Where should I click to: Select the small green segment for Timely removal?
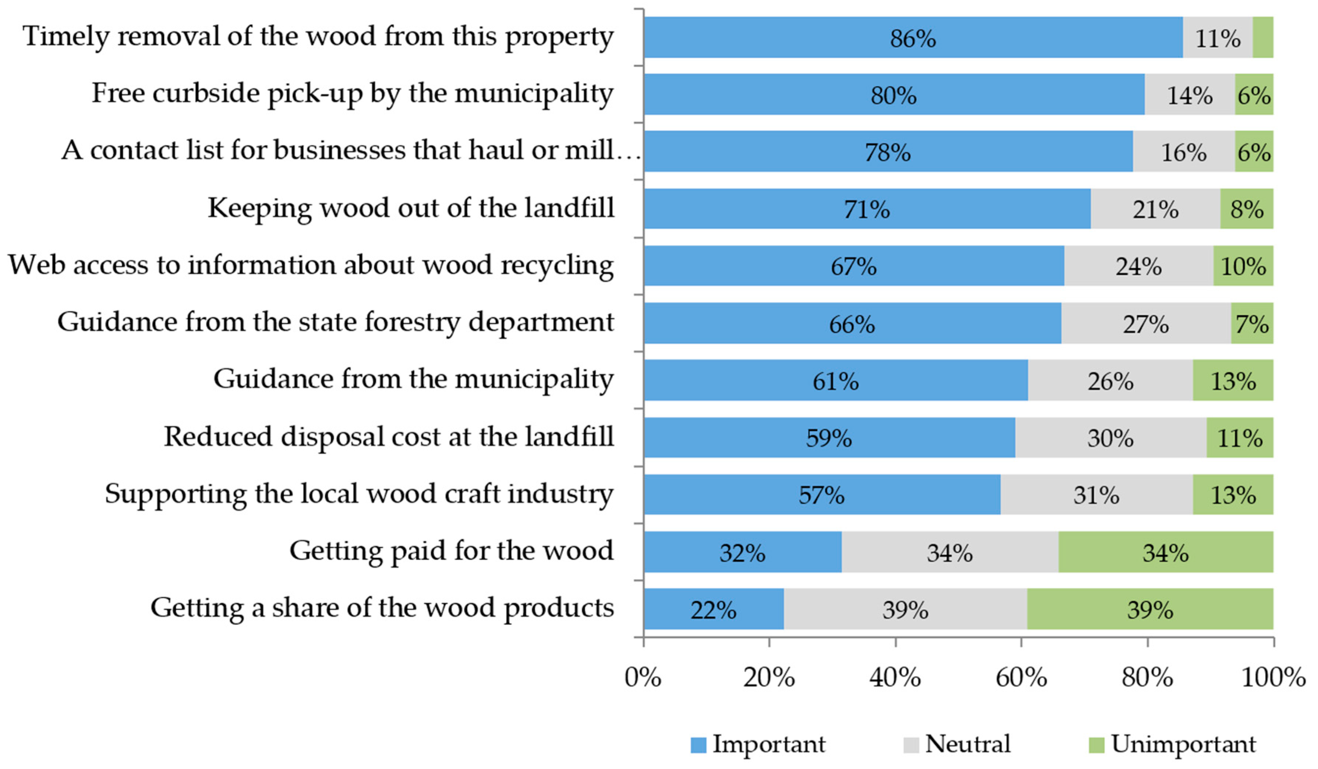[1262, 37]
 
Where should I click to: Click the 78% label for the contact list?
[888, 153]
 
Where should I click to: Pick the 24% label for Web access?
[1138, 267]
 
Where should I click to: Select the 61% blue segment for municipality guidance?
[835, 380]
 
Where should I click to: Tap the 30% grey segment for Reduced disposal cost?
[1110, 437]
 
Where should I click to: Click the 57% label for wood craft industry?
[821, 495]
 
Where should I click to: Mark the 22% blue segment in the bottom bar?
[713, 609]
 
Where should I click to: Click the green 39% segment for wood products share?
[1150, 609]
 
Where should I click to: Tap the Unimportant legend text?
[1183, 744]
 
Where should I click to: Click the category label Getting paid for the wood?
[451, 551]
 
